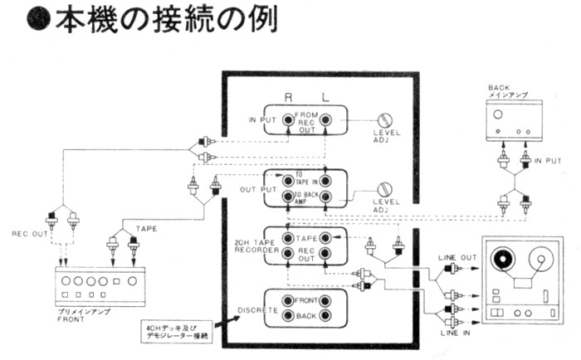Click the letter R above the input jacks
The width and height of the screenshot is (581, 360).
point(287,98)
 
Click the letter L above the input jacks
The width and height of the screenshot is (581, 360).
point(325,98)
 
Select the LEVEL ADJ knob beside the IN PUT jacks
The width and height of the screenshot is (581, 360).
point(384,121)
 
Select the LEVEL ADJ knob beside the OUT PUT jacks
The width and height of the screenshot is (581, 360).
point(384,190)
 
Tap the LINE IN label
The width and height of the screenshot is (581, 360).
point(456,333)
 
